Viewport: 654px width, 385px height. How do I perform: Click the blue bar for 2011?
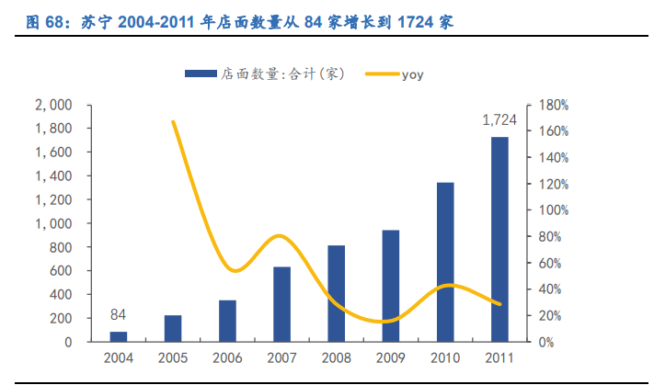pos(499,239)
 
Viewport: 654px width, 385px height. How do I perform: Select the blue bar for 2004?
pos(119,336)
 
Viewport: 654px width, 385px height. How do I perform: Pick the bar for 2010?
pos(445,262)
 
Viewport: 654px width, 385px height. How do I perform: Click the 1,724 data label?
pos(499,120)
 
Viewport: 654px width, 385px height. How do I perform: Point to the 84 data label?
pos(119,314)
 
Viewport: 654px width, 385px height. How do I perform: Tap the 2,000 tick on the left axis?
pos(54,105)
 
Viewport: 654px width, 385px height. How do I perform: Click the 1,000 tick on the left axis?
pos(54,223)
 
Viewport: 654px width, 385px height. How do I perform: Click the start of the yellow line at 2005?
pos(173,121)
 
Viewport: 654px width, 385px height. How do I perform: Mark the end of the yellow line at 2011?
pos(500,304)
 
